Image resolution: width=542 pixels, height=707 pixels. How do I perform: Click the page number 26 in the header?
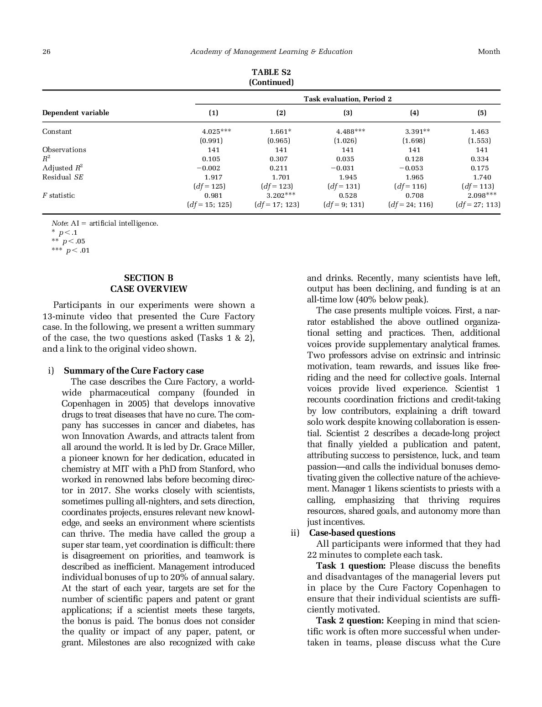(x=46, y=52)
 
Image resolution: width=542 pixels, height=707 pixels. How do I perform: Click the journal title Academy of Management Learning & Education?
(x=271, y=52)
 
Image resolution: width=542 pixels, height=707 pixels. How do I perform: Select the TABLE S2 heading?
(x=271, y=72)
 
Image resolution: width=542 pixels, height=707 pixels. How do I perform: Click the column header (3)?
(x=348, y=113)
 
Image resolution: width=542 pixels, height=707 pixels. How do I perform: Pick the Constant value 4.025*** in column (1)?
(x=216, y=132)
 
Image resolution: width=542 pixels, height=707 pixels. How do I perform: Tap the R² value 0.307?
(x=278, y=159)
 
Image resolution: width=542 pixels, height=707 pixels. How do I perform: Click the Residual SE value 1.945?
(x=348, y=177)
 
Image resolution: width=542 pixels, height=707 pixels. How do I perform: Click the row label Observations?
(x=64, y=150)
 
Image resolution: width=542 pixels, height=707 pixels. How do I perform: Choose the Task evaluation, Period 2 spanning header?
(x=348, y=99)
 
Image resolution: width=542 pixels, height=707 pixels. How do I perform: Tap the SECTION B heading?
(x=149, y=278)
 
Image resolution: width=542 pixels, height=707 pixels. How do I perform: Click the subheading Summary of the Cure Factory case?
(x=134, y=371)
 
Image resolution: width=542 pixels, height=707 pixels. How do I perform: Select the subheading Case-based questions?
(x=352, y=533)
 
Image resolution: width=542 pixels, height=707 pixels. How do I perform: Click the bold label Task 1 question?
(x=351, y=566)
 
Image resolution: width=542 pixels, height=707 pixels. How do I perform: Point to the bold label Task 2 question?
(x=350, y=621)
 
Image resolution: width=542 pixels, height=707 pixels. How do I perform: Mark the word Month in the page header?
(x=489, y=52)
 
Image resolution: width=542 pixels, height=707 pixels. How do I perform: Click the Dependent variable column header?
(x=76, y=113)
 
